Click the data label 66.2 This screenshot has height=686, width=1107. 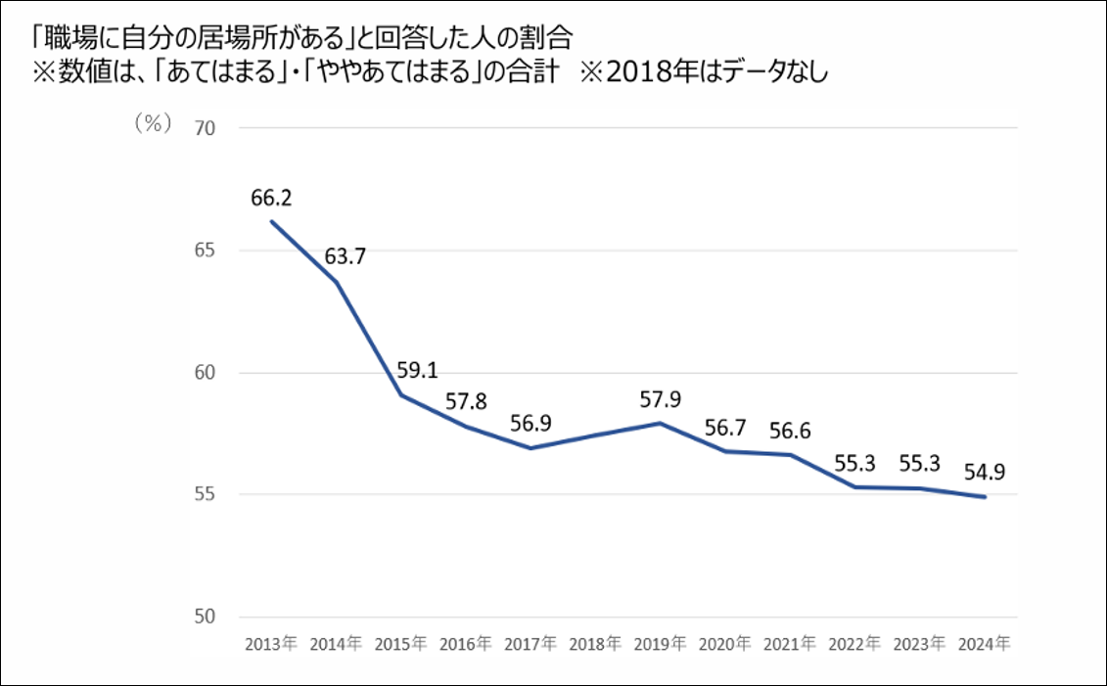272,199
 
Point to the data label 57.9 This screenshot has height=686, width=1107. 658,399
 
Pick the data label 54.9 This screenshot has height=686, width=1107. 984,473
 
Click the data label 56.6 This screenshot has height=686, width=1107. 789,431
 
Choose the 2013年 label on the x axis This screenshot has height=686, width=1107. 271,645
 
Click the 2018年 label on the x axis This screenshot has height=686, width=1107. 595,645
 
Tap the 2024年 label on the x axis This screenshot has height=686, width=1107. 984,645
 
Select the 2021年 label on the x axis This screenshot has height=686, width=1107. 789,645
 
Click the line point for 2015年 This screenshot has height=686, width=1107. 400,394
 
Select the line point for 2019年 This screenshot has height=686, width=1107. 660,423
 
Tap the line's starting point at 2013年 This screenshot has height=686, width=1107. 271,221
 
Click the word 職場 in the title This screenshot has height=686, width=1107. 57,37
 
